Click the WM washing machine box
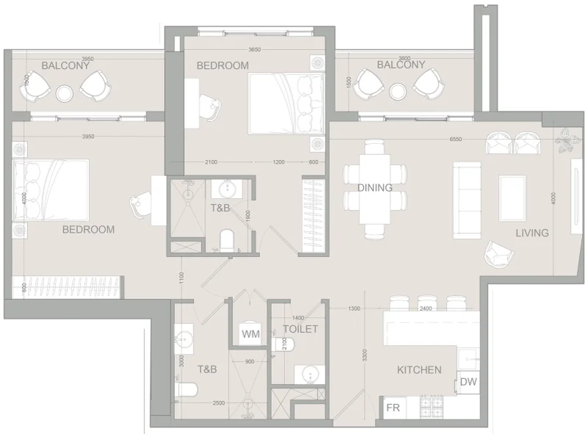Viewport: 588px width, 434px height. [251, 334]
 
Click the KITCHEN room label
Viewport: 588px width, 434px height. [419, 370]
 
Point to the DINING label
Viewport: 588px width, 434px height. [375, 188]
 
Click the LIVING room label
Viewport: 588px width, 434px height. [531, 234]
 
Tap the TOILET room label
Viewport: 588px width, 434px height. [301, 329]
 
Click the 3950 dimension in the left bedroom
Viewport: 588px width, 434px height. [88, 137]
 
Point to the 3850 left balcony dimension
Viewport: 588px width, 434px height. [88, 58]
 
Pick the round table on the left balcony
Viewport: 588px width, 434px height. [65, 93]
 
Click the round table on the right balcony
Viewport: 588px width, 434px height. [399, 91]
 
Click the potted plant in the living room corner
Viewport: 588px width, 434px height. [568, 140]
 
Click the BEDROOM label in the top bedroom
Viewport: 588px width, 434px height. [222, 65]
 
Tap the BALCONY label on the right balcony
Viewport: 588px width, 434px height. [401, 65]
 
